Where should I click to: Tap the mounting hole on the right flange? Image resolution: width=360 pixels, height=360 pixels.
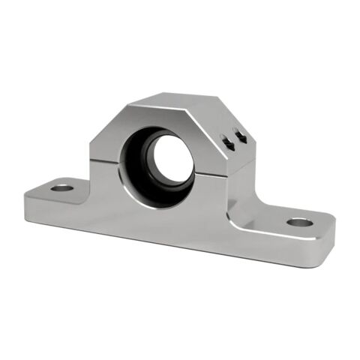click(x=298, y=222)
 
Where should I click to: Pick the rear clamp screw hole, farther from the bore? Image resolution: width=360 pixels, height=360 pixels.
click(x=241, y=136)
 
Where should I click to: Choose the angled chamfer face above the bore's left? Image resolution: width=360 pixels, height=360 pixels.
click(x=112, y=127)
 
